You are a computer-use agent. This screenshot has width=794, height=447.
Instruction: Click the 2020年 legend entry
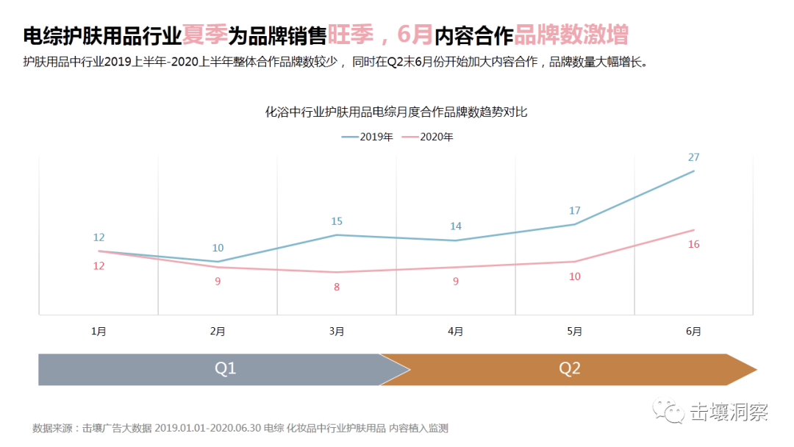click(428, 137)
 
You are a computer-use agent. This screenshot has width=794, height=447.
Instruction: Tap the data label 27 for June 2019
click(693, 157)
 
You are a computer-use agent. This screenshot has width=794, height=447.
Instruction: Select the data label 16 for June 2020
click(693, 244)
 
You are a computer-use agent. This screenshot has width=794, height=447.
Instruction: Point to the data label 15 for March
click(337, 221)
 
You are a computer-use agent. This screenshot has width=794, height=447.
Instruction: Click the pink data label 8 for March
click(337, 287)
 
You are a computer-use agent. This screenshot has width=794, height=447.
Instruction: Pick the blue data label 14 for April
click(456, 226)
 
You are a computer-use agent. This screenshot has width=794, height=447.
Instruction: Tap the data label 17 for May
click(575, 211)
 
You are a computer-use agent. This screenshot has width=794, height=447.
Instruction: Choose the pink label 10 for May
click(575, 276)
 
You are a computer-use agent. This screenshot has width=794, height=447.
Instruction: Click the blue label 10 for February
click(218, 248)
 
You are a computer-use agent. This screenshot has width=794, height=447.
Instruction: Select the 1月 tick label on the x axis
click(99, 332)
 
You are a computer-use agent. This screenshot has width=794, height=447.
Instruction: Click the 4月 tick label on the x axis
click(456, 332)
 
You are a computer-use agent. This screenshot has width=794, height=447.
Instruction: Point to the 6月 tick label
click(693, 332)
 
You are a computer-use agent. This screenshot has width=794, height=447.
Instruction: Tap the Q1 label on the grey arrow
click(225, 368)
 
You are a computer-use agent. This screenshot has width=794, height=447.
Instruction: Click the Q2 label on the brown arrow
click(570, 368)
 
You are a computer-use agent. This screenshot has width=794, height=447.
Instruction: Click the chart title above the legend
click(396, 112)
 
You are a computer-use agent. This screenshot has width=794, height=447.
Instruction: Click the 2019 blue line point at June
click(693, 171)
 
